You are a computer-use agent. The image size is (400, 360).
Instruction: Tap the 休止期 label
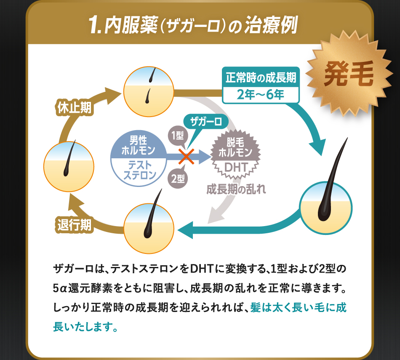74,108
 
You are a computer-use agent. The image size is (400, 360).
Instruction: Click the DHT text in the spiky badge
235,167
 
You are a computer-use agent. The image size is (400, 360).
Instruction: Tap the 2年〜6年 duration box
261,94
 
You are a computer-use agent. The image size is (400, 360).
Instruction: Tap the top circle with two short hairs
149,89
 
